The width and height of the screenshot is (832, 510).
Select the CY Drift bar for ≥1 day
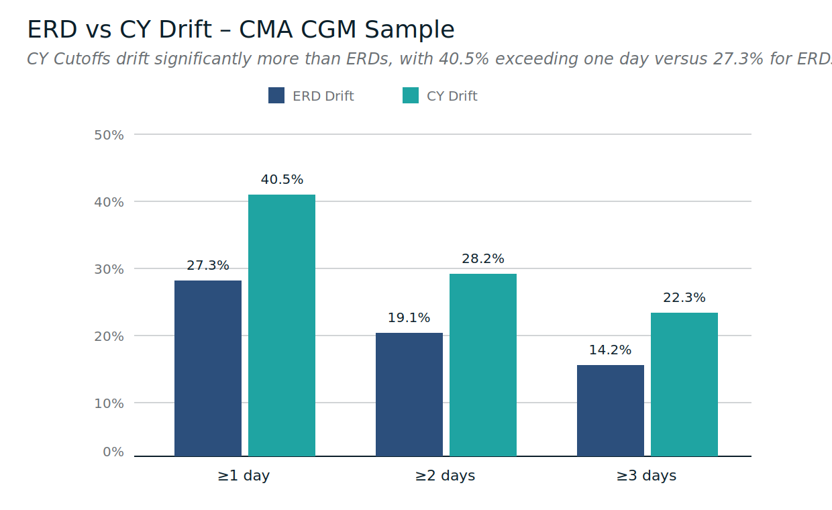click(282, 325)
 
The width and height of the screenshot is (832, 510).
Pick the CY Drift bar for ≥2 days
click(483, 365)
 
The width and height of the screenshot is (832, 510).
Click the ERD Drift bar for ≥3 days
click(611, 411)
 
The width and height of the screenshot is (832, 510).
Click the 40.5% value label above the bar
click(282, 180)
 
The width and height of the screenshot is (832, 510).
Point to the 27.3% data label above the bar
click(208, 266)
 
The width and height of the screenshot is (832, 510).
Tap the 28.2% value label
click(483, 259)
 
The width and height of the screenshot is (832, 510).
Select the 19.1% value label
click(409, 318)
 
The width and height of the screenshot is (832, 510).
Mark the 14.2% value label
click(611, 350)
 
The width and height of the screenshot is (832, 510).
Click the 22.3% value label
click(684, 298)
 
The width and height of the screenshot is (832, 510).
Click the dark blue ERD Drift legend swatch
click(276, 95)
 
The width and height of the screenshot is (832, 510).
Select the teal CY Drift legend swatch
click(411, 95)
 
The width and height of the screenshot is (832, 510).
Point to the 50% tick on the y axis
click(109, 135)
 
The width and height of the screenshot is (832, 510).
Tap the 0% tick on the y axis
click(113, 452)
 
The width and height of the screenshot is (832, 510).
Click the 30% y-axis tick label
click(109, 269)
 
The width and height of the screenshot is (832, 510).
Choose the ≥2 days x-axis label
click(445, 476)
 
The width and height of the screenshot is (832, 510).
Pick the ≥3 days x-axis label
click(646, 476)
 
